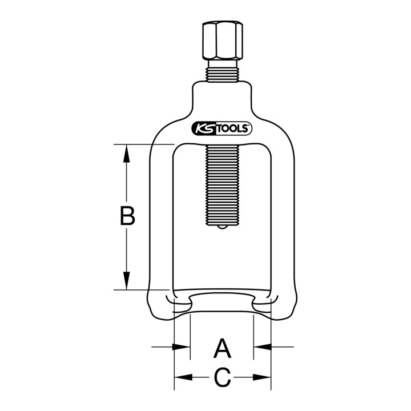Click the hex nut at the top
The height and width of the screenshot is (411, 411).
(x=223, y=42)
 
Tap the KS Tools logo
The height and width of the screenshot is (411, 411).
(x=222, y=128)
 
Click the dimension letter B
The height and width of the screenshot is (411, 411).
(x=127, y=216)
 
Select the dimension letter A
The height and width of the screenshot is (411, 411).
(x=222, y=348)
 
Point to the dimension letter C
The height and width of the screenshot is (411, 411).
(x=222, y=377)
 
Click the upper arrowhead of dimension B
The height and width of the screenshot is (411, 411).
(x=127, y=153)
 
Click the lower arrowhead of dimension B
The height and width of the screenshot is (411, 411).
(x=127, y=281)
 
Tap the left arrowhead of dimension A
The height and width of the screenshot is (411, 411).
(x=182, y=347)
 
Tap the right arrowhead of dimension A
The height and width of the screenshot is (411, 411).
(x=263, y=347)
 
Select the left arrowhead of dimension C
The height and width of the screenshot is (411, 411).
(x=183, y=377)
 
